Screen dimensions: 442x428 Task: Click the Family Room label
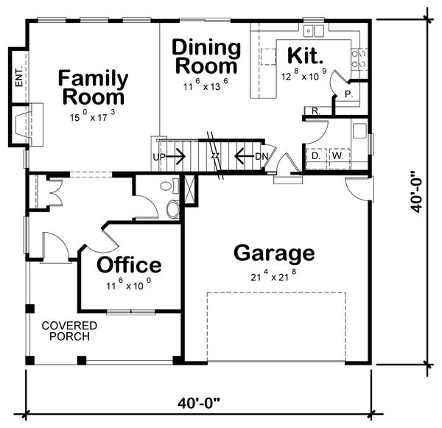pos(94,88)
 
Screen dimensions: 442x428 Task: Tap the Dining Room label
pos(206,57)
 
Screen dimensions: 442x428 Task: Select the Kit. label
pos(305,55)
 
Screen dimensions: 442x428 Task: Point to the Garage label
pos(274,253)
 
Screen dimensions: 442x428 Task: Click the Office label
pos(129,264)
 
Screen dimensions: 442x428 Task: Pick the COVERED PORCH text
pos(69,331)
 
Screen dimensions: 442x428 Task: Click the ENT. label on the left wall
pos(19,77)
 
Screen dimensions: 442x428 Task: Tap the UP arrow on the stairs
pos(175,156)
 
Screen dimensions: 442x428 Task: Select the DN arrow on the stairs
pos(245,156)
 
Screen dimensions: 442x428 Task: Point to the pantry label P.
pos(348,94)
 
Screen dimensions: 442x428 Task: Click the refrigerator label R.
pos(316,111)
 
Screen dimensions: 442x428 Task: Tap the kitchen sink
pos(314,30)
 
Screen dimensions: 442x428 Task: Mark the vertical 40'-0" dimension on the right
pos(417,191)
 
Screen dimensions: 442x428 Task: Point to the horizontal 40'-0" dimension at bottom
pos(198,403)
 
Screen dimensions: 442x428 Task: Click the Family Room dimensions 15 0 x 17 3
pos(92,116)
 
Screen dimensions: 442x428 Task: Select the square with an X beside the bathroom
pos(189,189)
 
